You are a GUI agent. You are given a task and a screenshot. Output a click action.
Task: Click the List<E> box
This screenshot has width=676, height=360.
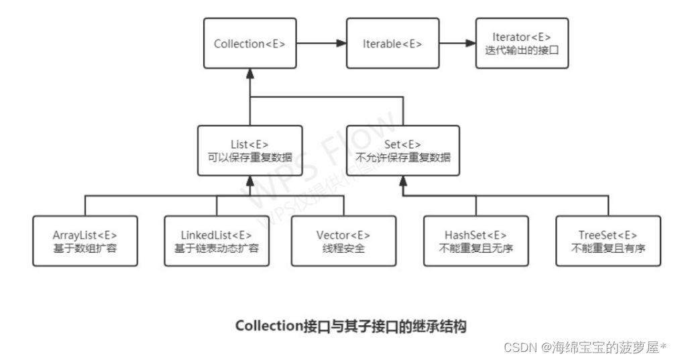pyautogui.click(x=249, y=151)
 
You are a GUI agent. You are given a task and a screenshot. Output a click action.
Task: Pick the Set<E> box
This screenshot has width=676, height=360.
pyautogui.click(x=404, y=151)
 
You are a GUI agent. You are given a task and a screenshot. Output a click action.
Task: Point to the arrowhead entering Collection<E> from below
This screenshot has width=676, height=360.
pyautogui.click(x=249, y=74)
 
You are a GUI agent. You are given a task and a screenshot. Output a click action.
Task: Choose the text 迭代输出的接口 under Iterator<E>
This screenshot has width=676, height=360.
pyautogui.click(x=522, y=51)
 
